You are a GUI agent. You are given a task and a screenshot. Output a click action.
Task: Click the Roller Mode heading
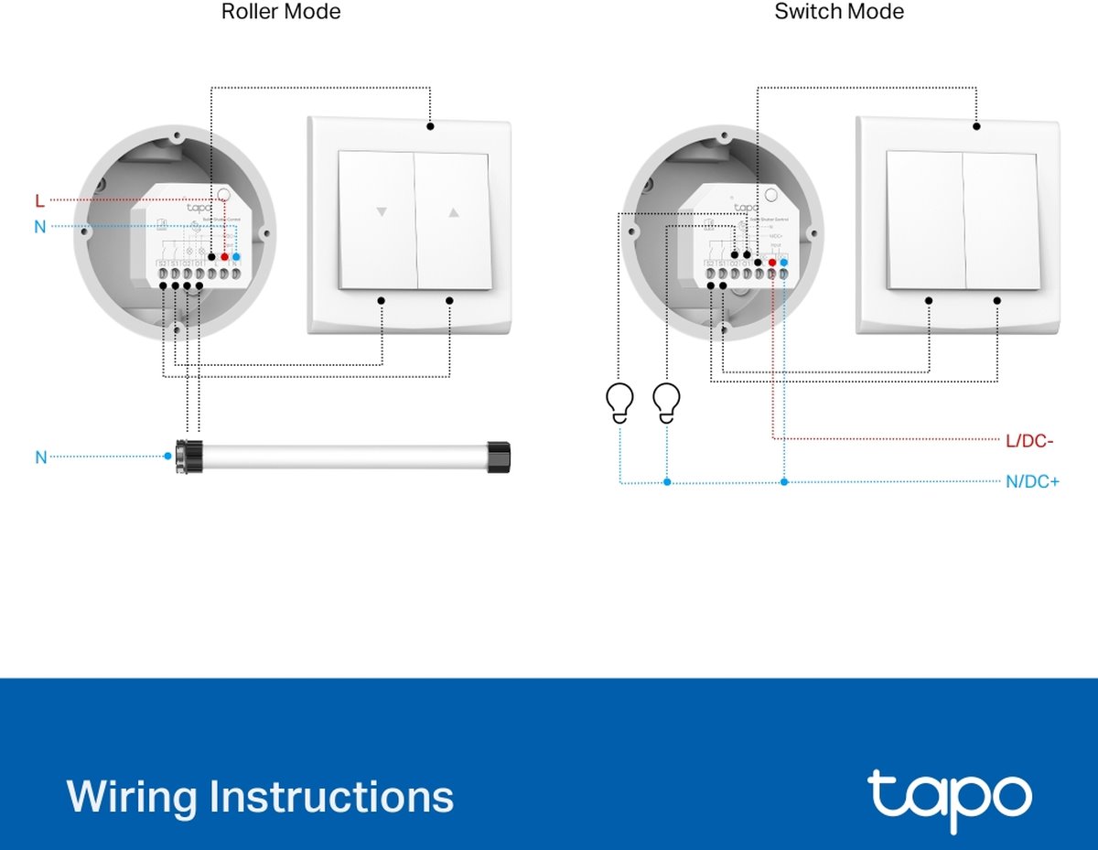coord(281,12)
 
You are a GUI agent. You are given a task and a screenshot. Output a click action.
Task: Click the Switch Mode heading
coord(839,12)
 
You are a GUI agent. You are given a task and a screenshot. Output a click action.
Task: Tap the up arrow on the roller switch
coord(453,212)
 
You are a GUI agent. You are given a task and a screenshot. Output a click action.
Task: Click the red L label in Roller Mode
coord(39,199)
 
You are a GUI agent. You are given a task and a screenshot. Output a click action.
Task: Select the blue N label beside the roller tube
coord(40,457)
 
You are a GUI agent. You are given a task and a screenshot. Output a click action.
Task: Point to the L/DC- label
coord(1029,441)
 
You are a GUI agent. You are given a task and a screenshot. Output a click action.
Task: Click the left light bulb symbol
coord(620,402)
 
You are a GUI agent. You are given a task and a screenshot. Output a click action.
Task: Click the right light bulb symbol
coord(667,402)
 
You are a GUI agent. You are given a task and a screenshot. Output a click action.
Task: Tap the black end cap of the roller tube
coord(497,455)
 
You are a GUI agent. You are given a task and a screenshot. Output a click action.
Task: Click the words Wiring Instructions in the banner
coord(260,796)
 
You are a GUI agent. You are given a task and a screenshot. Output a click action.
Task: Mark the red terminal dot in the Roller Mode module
coord(224,258)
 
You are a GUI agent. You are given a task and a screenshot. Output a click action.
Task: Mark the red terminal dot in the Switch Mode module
coord(772,263)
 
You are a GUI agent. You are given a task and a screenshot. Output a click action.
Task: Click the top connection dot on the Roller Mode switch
coord(429,125)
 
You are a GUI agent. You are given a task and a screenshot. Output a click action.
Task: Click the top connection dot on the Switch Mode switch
coord(976,126)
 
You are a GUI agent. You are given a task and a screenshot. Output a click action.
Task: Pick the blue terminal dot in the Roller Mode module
coord(236,258)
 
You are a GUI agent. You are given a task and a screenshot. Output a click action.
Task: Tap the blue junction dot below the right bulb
coord(667,481)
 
